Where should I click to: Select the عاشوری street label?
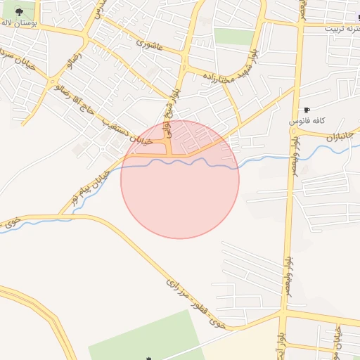(x=150, y=46)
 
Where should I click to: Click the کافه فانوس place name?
(x=306, y=122)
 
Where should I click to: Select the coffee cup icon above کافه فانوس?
(x=307, y=110)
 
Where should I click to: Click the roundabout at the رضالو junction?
(x=55, y=85)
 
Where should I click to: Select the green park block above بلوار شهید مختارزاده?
(x=233, y=37)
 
